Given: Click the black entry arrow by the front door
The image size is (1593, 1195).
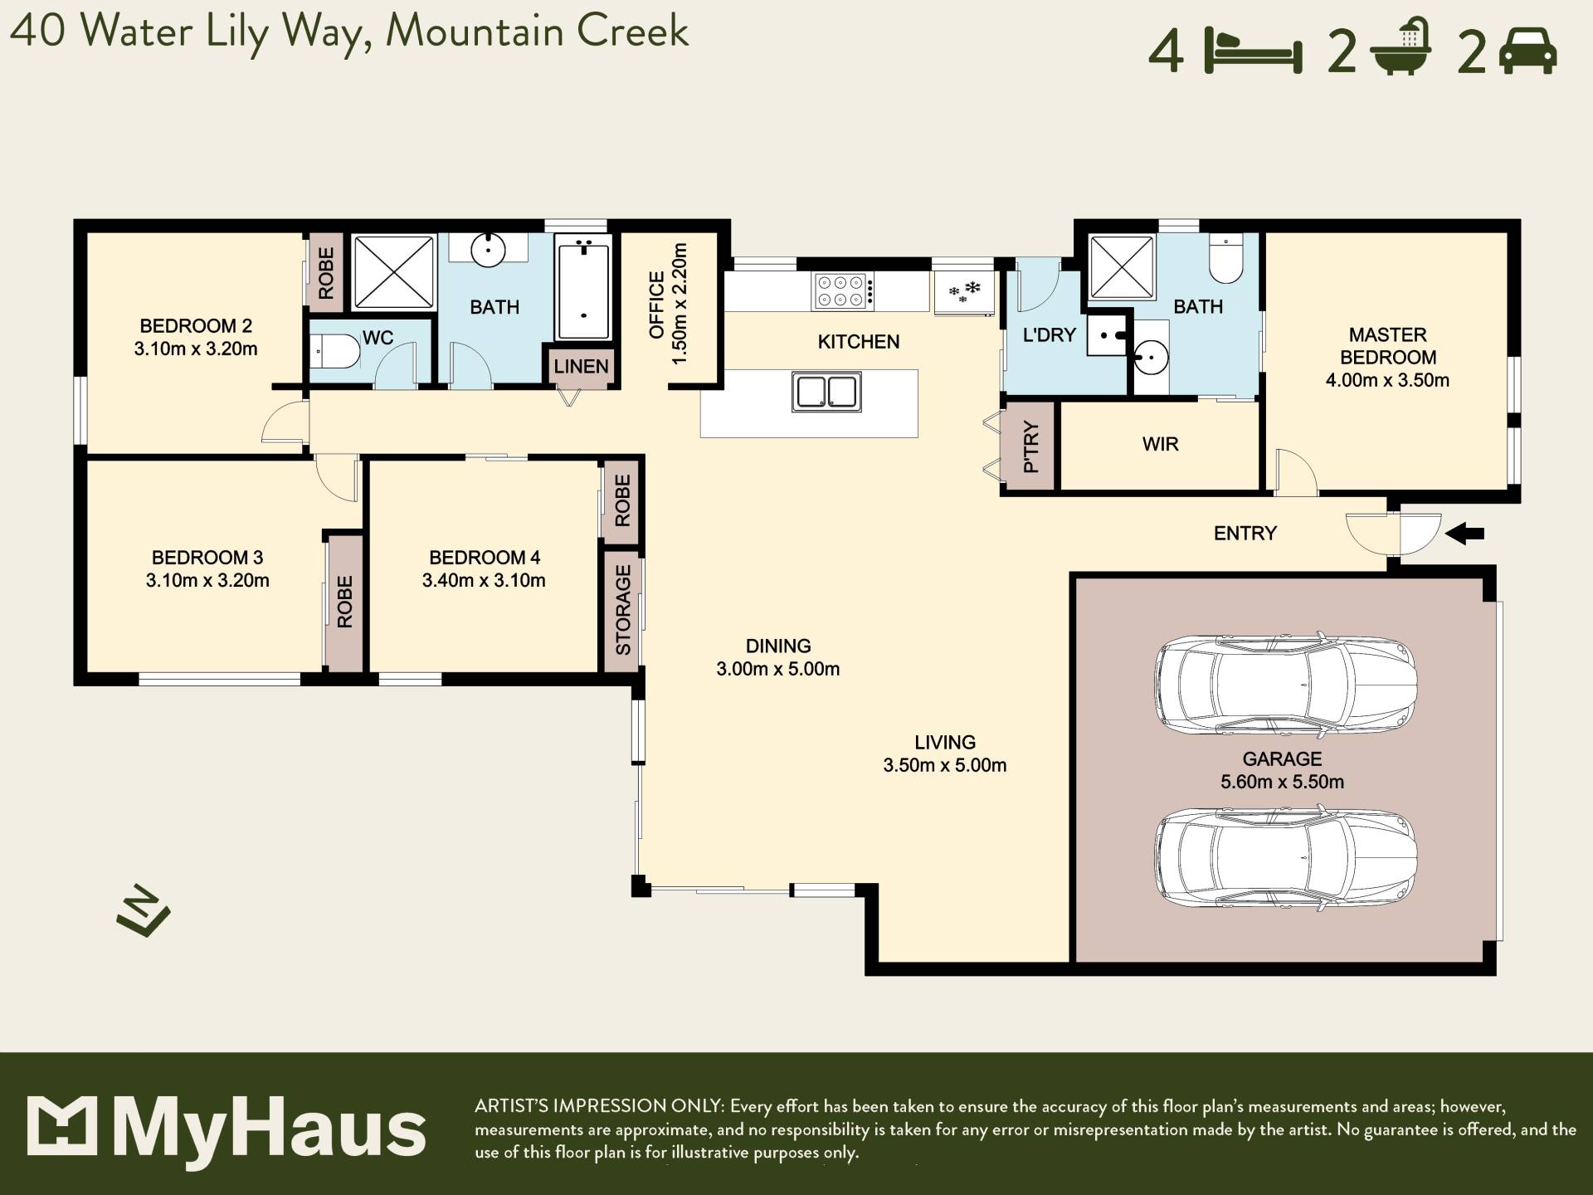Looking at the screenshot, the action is [x=1464, y=534].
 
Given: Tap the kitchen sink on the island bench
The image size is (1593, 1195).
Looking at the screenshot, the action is [x=826, y=392].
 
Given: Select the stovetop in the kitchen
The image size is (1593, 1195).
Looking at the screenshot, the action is [x=844, y=291].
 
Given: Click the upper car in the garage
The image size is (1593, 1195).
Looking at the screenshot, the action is [x=1286, y=685].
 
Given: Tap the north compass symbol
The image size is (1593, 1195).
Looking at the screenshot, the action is [x=144, y=911].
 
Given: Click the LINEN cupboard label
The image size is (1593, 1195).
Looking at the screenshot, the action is [x=582, y=366].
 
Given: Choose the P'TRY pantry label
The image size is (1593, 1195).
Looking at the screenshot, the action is [x=1030, y=446].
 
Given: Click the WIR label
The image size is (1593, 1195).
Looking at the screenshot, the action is [x=1160, y=444].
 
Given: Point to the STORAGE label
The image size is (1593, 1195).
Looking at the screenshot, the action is [x=623, y=610].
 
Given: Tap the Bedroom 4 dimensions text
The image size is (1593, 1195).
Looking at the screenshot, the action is [x=484, y=580].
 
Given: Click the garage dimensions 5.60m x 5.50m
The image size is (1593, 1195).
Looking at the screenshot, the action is [x=1282, y=782].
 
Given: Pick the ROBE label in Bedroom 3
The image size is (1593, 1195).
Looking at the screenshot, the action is [x=345, y=602].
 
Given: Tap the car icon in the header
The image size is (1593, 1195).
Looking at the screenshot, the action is [x=1528, y=51].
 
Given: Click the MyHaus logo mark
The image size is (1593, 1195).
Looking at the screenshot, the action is [x=62, y=1125].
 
